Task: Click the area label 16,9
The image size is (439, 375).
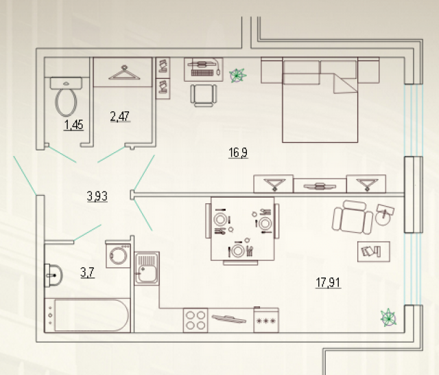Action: click(238, 152)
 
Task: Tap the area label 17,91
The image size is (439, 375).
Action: click(328, 282)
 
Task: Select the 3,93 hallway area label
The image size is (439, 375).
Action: click(97, 196)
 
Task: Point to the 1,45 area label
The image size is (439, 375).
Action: click(74, 125)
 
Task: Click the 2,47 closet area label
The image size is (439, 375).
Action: click(120, 116)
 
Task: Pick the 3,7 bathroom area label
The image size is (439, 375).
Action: click(87, 273)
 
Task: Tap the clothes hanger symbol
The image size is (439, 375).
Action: click(124, 73)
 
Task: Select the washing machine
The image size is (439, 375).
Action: click(118, 254)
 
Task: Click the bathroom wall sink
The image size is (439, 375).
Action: click(54, 275)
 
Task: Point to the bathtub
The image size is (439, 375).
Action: click(87, 315)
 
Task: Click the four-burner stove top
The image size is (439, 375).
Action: click(195, 320)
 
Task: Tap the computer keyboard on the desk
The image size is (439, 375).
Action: click(204, 73)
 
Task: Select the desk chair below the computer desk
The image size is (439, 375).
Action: click(204, 95)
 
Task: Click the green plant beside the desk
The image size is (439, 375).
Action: click(237, 76)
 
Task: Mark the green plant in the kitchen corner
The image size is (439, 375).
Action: click(389, 318)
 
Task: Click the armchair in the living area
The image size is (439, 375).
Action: click(353, 218)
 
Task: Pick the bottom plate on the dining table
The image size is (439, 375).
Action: click(238, 250)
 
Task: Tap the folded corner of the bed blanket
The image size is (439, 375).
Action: click(344, 84)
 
